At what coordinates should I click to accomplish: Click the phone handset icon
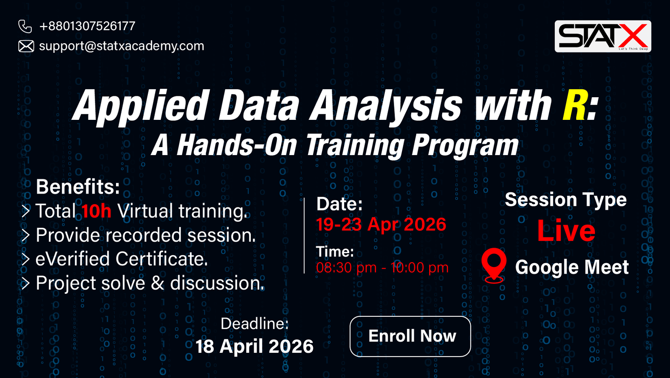25,26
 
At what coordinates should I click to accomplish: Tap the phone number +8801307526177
88,26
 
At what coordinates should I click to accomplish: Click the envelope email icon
26,46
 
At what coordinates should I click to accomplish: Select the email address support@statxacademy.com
121,46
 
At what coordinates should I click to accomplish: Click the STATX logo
603,36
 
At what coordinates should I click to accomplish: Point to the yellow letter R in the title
574,105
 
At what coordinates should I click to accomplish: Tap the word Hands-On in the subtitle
236,145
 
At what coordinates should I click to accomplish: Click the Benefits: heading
78,187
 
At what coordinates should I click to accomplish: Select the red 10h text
96,211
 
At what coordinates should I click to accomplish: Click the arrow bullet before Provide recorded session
26,235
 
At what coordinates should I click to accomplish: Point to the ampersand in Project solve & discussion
157,283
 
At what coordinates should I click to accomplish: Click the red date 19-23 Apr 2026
381,224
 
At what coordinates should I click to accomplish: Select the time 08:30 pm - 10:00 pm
382,267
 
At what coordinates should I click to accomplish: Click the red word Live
566,231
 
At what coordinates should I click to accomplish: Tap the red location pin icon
494,265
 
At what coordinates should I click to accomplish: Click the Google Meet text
572,267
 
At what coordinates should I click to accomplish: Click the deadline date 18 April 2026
255,346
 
